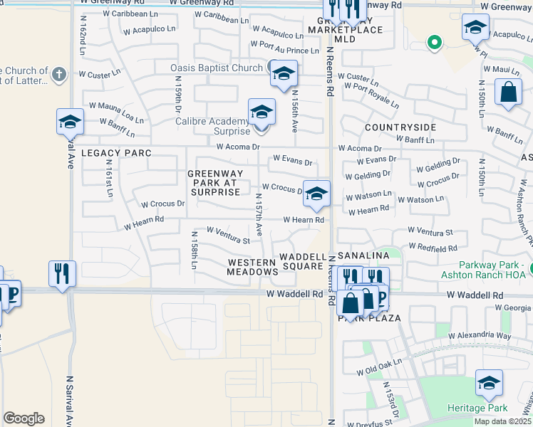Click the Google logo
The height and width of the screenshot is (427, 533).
(x=24, y=418)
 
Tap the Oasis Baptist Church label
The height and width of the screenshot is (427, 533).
(x=217, y=68)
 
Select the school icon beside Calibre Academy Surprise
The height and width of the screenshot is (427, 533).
(x=262, y=113)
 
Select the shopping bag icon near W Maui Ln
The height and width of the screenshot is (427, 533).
(x=508, y=93)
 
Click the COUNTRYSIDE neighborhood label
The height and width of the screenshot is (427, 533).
(x=400, y=127)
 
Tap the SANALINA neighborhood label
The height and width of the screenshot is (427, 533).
(x=363, y=255)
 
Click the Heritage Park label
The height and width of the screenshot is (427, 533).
(x=481, y=408)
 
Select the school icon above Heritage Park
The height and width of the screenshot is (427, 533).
(x=489, y=384)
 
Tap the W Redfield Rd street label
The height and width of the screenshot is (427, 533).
(x=433, y=248)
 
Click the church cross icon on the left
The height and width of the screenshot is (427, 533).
(x=59, y=73)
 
